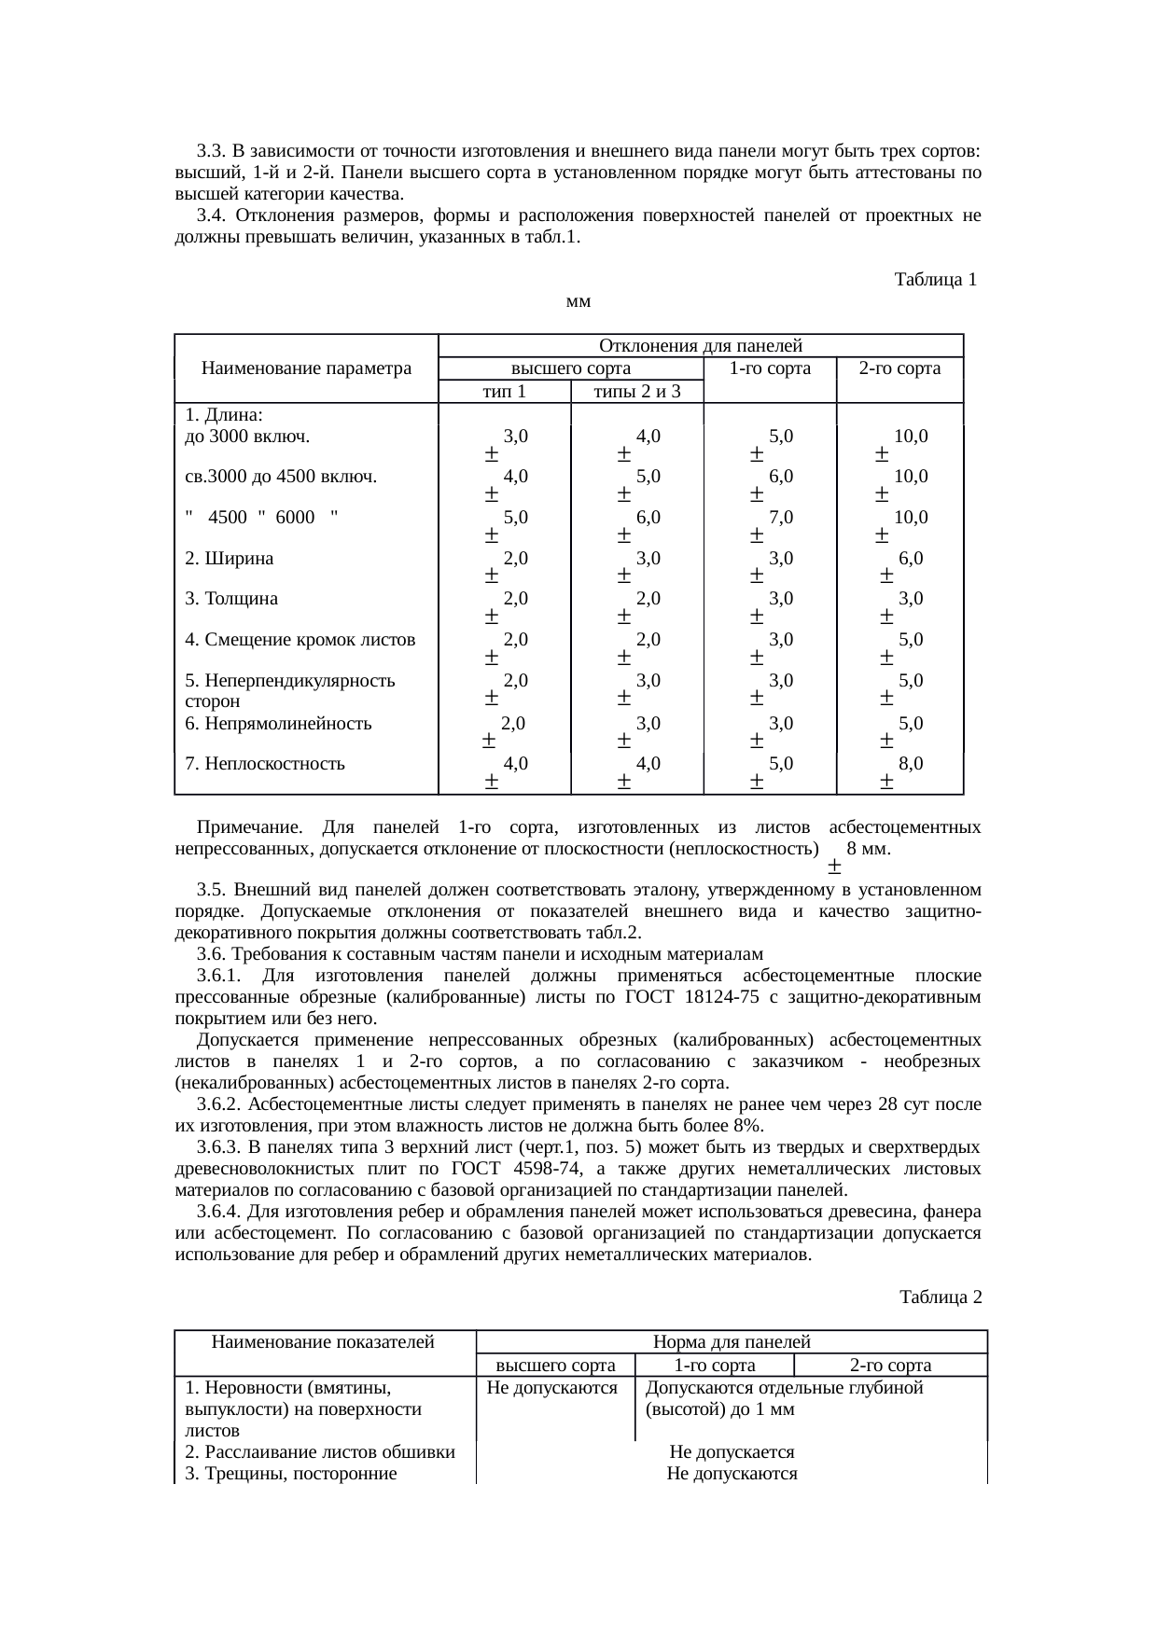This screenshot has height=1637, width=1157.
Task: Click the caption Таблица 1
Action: pyautogui.click(x=935, y=280)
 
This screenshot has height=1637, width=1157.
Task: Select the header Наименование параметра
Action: pyautogui.click(x=306, y=368)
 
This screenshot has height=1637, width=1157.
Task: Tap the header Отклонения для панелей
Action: pyautogui.click(x=700, y=346)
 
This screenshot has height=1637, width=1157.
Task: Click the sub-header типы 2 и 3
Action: pyautogui.click(x=637, y=392)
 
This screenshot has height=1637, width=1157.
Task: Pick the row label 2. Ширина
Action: pyautogui.click(x=230, y=559)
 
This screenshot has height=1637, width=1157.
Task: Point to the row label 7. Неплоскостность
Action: pyautogui.click(x=265, y=764)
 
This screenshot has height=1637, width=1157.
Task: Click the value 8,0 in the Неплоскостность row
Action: pyautogui.click(x=911, y=763)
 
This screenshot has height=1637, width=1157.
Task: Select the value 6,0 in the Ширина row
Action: pyautogui.click(x=911, y=558)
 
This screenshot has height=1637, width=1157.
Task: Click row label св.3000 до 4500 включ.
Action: pyautogui.click(x=281, y=477)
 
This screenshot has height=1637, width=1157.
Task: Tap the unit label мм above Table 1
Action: pyautogui.click(x=578, y=301)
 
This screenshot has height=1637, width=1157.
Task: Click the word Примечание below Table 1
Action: pyautogui.click(x=249, y=827)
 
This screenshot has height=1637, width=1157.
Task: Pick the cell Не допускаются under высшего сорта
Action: pyautogui.click(x=552, y=1388)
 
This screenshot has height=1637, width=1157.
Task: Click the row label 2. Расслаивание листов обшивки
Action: pyautogui.click(x=320, y=1451)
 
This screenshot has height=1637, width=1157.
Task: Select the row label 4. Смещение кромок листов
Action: pyautogui.click(x=300, y=640)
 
